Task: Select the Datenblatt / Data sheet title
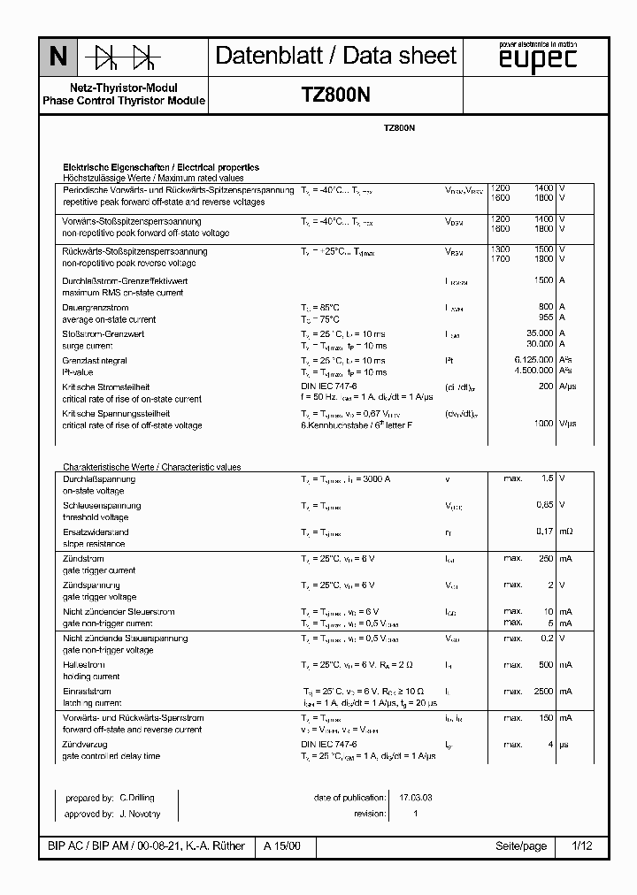pos(336,57)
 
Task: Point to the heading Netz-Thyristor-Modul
pos(124,88)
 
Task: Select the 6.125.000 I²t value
pos(533,360)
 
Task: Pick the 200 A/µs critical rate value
pos(546,386)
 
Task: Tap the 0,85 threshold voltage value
pos(545,505)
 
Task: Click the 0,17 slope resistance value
pos(545,532)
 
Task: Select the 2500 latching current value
pos(541,691)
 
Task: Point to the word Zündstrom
pos(83,558)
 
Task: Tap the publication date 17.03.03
pos(416,798)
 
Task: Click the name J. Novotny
pos(140,813)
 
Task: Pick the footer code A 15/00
pos(283,846)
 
